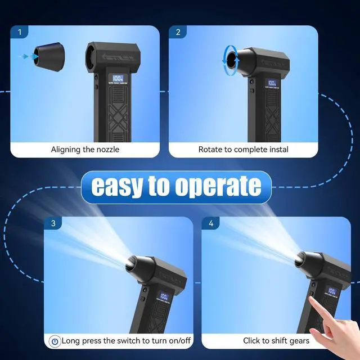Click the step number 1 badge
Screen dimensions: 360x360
click(x=19, y=32)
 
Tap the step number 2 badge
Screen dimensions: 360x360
click(x=178, y=32)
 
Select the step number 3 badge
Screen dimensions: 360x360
click(x=53, y=223)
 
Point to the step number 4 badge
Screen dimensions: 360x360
click(x=211, y=223)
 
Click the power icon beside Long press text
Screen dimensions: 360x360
click(x=55, y=341)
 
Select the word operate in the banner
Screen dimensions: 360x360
click(x=218, y=187)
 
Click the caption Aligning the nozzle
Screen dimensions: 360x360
click(x=85, y=150)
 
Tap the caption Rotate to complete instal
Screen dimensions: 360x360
click(x=243, y=150)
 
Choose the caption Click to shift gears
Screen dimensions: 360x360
click(x=276, y=341)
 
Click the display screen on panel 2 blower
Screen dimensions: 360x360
click(x=272, y=83)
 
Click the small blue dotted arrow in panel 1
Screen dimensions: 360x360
click(x=24, y=57)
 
